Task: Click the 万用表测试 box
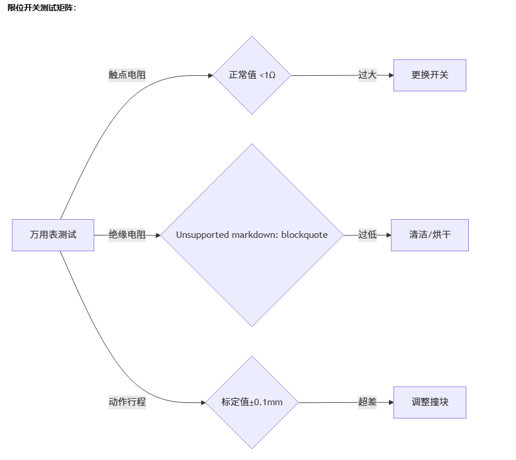click(53, 235)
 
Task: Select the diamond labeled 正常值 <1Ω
click(252, 75)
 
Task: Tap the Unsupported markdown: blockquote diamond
click(252, 235)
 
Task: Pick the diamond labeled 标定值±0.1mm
click(252, 402)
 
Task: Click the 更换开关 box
click(430, 75)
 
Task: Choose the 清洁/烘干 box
click(430, 235)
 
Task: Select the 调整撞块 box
click(430, 402)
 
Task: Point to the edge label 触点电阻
click(127, 75)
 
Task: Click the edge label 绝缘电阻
click(127, 235)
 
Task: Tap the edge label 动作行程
click(127, 402)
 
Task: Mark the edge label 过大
click(367, 75)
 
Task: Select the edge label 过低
click(367, 235)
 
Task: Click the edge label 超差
click(367, 402)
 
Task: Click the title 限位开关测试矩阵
click(42, 7)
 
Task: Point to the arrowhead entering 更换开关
click(391, 75)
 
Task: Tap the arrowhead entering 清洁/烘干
click(388, 235)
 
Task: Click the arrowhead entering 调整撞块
click(391, 402)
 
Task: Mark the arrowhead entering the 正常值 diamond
click(210, 75)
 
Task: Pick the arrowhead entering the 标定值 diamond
click(203, 402)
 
